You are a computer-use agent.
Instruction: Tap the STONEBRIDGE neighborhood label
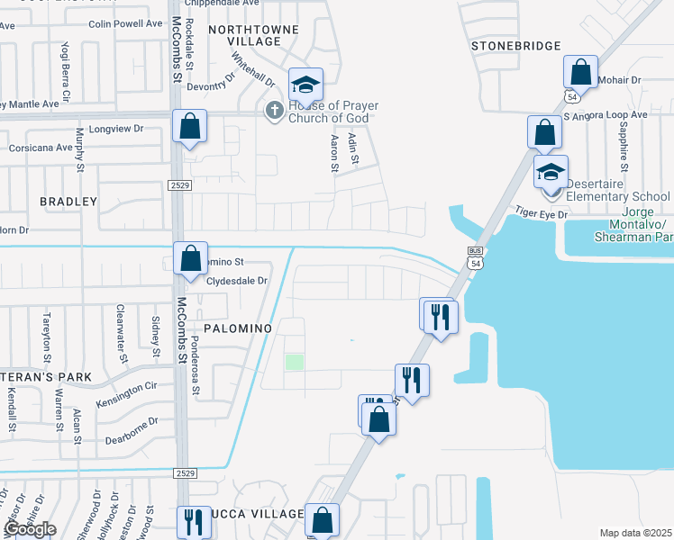515,46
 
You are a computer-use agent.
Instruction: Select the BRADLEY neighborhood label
68,202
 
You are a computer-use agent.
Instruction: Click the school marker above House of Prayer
305,86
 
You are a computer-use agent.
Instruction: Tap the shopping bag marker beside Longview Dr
189,128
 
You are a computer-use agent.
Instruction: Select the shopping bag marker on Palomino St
190,260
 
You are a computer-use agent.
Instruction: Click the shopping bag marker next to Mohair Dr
581,73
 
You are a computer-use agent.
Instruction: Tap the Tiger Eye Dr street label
542,213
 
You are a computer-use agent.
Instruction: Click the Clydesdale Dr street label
238,281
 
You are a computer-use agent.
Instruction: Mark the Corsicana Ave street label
40,148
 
